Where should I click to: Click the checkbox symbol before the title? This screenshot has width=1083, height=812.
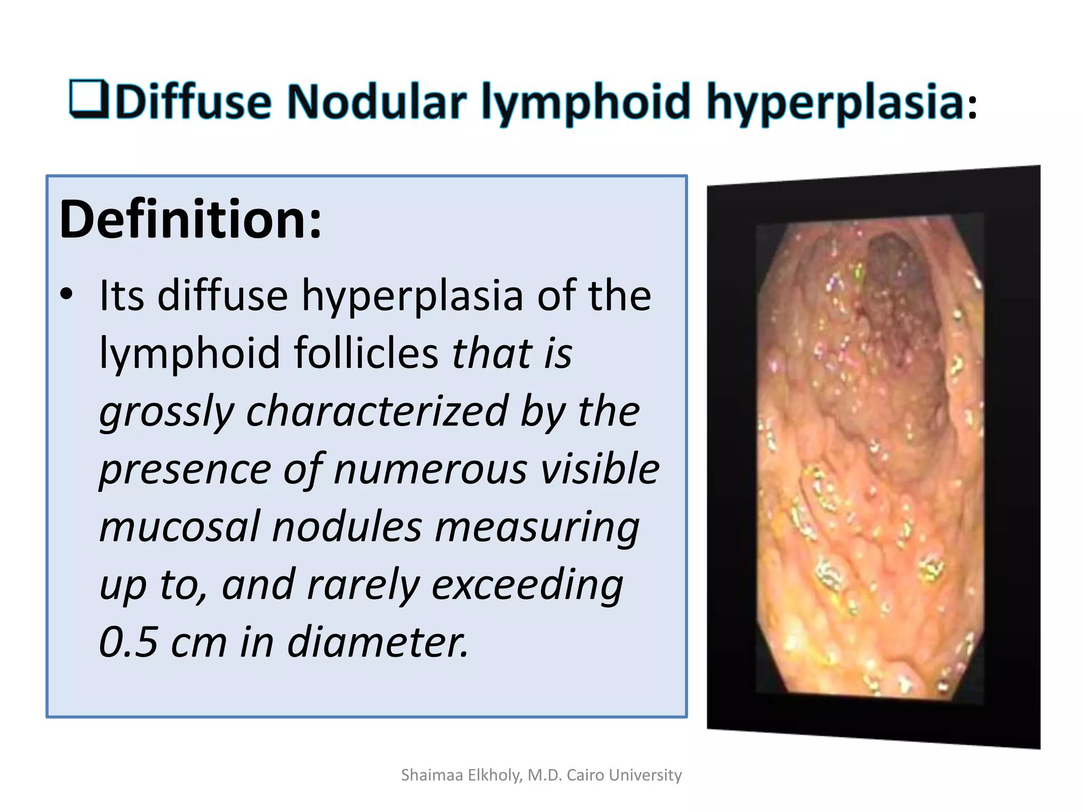coord(89,98)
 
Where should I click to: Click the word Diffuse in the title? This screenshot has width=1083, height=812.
coord(194,101)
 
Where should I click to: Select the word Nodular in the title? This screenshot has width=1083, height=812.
coord(377,101)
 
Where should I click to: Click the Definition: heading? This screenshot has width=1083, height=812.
coord(190,219)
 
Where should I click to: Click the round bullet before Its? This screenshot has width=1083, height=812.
coord(66,295)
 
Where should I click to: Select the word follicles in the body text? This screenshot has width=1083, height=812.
coord(366,353)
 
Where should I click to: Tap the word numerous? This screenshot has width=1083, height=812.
coord(430,469)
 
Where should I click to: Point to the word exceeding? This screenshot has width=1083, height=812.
coord(527,586)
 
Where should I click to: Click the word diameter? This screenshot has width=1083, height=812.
coord(378,643)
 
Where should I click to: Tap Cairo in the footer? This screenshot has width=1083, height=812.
coord(585,775)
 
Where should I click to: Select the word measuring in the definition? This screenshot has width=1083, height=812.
coord(537,528)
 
